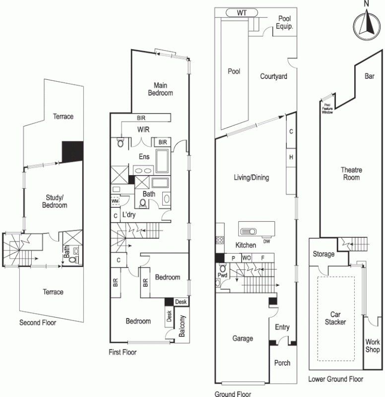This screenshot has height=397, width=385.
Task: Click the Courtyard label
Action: [x=274, y=77]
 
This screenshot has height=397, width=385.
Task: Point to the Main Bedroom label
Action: [x=163, y=89]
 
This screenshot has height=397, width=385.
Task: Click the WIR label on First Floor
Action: [x=144, y=130]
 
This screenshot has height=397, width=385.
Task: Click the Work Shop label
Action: [x=373, y=345]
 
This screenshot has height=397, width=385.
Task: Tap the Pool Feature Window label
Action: [x=327, y=109]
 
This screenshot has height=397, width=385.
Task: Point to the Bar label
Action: [x=369, y=76]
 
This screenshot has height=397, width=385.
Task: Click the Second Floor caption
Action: [x=38, y=323]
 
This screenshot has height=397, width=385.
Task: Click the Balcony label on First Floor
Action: [x=182, y=327]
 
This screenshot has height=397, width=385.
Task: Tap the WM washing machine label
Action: [x=115, y=201]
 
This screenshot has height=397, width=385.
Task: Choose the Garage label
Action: [x=243, y=338]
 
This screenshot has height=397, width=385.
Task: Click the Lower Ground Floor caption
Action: [x=335, y=379]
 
